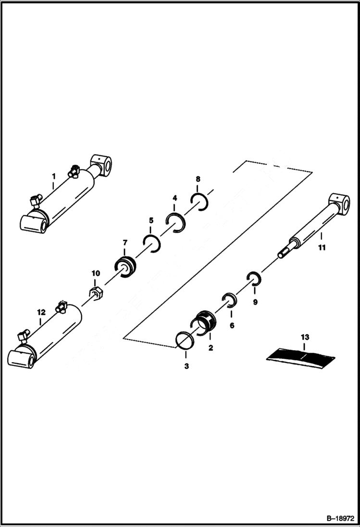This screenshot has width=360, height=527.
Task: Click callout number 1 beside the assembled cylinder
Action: (x=54, y=176)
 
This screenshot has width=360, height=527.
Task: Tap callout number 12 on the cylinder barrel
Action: (x=41, y=312)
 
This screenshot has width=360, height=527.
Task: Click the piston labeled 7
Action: (x=126, y=267)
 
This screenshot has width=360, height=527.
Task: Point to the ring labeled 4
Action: (x=176, y=222)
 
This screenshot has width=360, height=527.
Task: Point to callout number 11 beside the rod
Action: (x=322, y=248)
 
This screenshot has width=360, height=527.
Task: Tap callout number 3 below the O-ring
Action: (x=186, y=366)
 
